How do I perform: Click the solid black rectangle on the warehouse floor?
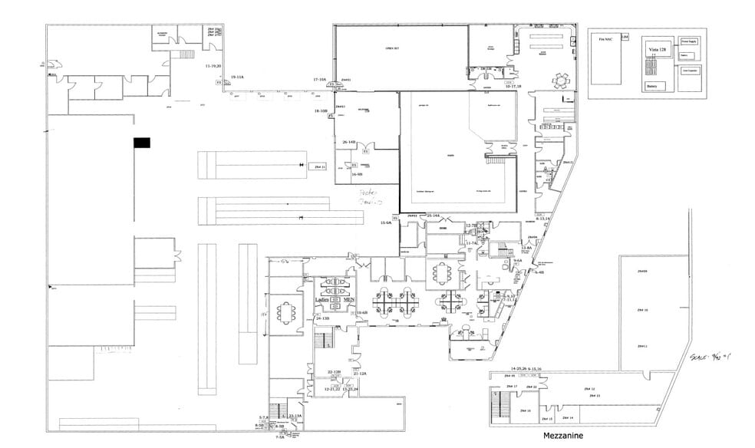click(142, 143)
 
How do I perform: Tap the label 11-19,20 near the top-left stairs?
click(213, 66)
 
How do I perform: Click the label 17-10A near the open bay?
click(320, 79)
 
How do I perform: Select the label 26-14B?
click(348, 142)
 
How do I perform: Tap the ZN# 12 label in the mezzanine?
click(589, 389)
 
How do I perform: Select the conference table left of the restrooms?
click(288, 313)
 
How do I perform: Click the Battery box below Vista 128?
click(652, 87)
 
